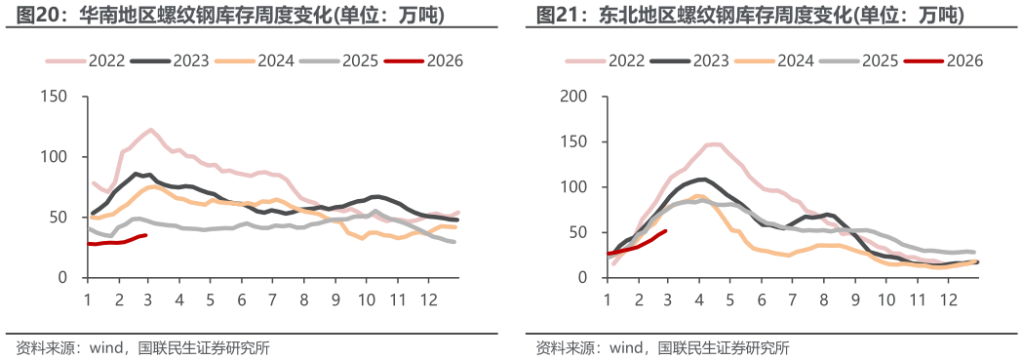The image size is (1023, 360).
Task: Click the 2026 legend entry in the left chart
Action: pyautogui.click(x=423, y=61)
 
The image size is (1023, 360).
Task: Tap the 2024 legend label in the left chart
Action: pyautogui.click(x=275, y=61)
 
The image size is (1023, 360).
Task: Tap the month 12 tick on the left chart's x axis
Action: pyautogui.click(x=427, y=300)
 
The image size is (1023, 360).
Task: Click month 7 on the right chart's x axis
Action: pyautogui.click(x=792, y=300)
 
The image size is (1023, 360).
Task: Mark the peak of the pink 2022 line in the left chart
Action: pyautogui.click(x=151, y=129)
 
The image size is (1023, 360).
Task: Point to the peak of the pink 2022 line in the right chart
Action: pyautogui.click(x=713, y=144)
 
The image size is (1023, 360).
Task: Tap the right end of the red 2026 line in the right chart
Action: pyautogui.click(x=665, y=230)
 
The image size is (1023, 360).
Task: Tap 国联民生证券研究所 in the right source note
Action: pyautogui.click(x=725, y=348)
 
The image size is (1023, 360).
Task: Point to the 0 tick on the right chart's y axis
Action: pyautogui.click(x=582, y=278)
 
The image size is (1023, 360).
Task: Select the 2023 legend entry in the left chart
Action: pyautogui.click(x=170, y=61)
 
